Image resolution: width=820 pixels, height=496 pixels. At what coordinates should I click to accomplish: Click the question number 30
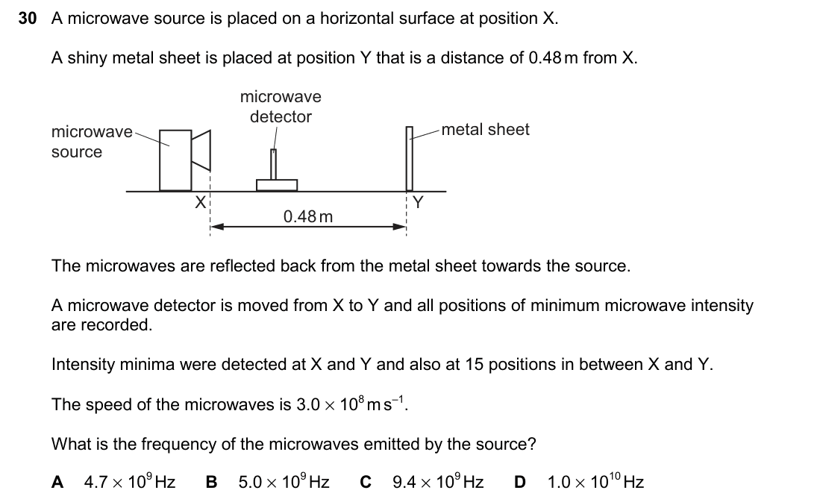pos(27,19)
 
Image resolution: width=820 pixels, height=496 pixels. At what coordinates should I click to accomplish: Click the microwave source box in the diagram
pos(176,160)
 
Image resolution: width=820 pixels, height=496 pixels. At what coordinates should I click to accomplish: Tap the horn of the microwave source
pos(201,151)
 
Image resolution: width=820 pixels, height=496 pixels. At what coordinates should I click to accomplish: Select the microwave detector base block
pos(277,185)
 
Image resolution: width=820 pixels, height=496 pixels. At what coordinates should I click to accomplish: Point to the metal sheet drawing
pos(410,159)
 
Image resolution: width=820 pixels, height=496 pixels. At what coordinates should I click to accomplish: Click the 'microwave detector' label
pos(281,107)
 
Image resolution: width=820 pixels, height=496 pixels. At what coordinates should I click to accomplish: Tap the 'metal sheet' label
pos(485,129)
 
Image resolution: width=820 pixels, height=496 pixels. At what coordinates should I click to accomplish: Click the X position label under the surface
pos(200,202)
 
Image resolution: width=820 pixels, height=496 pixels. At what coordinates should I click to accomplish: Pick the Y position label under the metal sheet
pos(418,202)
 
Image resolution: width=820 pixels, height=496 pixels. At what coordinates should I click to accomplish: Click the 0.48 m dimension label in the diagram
pos(308,216)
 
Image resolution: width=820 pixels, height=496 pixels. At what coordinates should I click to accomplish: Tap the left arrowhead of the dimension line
pos(217,227)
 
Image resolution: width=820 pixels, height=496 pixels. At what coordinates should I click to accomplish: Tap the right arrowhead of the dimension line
pos(399,227)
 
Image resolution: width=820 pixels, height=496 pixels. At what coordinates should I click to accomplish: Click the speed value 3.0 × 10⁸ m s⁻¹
pos(351,404)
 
